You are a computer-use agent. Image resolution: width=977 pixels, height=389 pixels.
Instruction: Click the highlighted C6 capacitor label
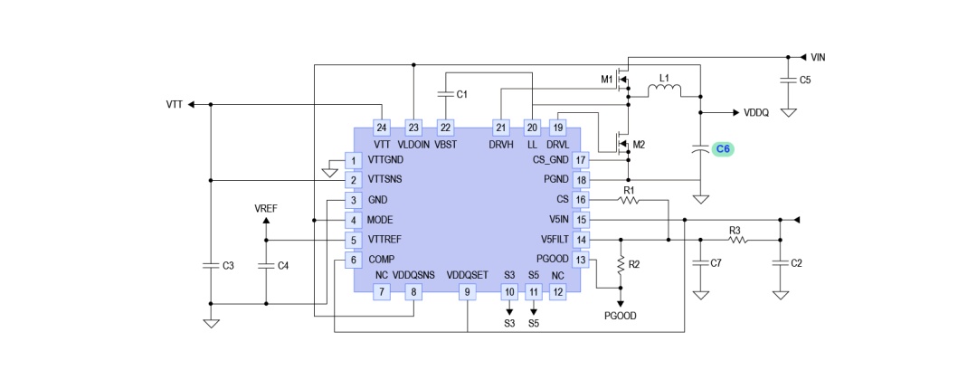(x=724, y=149)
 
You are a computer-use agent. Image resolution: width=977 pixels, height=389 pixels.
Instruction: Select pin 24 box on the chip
(x=382, y=128)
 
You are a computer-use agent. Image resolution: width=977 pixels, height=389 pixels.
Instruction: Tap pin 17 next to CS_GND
(x=581, y=160)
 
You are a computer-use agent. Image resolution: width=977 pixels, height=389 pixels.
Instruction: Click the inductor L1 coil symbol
(x=664, y=91)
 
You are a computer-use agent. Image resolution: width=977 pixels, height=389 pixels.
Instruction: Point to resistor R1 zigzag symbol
(x=629, y=200)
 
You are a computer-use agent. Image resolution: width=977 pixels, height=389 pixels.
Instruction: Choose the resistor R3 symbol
(x=735, y=240)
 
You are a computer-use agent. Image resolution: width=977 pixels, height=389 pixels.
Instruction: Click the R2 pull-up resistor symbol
(x=621, y=264)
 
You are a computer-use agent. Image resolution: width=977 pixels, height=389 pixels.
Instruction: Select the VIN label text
(x=818, y=57)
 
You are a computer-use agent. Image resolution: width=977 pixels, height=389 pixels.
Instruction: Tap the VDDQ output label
(x=756, y=113)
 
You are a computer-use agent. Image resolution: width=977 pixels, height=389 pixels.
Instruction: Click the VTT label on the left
(x=175, y=104)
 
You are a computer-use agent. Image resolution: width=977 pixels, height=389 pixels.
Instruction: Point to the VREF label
(x=266, y=208)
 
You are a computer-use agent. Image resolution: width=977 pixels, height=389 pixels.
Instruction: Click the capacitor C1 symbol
(x=445, y=94)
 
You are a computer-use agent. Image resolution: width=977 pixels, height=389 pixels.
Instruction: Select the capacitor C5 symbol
(x=788, y=80)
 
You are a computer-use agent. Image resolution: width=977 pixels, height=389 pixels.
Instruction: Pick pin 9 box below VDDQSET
(x=468, y=291)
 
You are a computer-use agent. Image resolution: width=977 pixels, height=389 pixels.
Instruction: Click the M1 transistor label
(x=606, y=80)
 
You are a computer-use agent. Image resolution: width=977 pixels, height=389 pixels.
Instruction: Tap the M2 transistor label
(x=639, y=145)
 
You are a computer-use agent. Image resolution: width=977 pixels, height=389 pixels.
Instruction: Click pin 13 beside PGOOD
(x=581, y=260)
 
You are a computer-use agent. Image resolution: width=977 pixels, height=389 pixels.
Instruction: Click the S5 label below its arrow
(x=534, y=324)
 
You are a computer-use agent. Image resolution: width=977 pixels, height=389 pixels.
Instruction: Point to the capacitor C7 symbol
(x=702, y=262)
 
